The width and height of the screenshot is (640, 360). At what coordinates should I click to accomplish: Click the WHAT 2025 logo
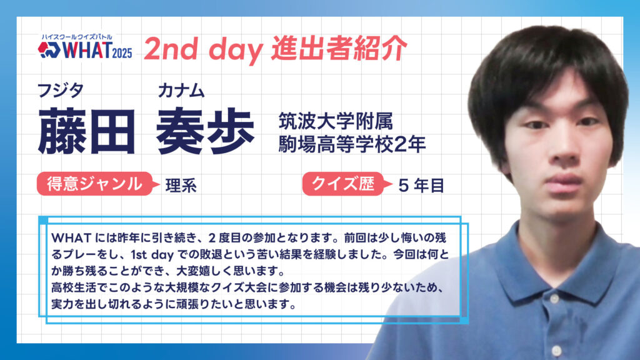tap(85, 47)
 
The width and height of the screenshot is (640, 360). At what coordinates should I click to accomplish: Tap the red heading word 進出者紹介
tap(339, 48)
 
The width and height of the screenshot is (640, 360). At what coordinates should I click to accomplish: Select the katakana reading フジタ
tap(61, 91)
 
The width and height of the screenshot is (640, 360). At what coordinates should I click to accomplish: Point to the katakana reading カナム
tap(181, 91)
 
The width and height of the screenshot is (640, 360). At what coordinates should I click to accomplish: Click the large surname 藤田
tap(86, 131)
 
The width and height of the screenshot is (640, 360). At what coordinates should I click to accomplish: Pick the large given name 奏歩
tap(205, 131)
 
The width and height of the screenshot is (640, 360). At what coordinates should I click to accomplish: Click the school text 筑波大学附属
tap(336, 121)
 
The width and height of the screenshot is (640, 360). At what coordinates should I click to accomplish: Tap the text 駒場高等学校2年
tap(352, 144)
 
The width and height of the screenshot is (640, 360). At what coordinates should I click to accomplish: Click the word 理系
tap(181, 186)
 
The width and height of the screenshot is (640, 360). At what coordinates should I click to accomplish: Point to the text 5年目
tap(421, 186)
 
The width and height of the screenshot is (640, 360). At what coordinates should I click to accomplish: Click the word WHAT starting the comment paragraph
tap(71, 237)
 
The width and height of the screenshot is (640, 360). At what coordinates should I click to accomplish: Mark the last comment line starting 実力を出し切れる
tap(174, 304)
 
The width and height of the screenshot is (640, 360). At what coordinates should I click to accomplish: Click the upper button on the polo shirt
tap(554, 299)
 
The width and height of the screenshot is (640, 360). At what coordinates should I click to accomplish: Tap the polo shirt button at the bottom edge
tap(557, 351)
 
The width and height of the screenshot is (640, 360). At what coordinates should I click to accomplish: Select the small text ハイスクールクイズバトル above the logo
tap(77, 37)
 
